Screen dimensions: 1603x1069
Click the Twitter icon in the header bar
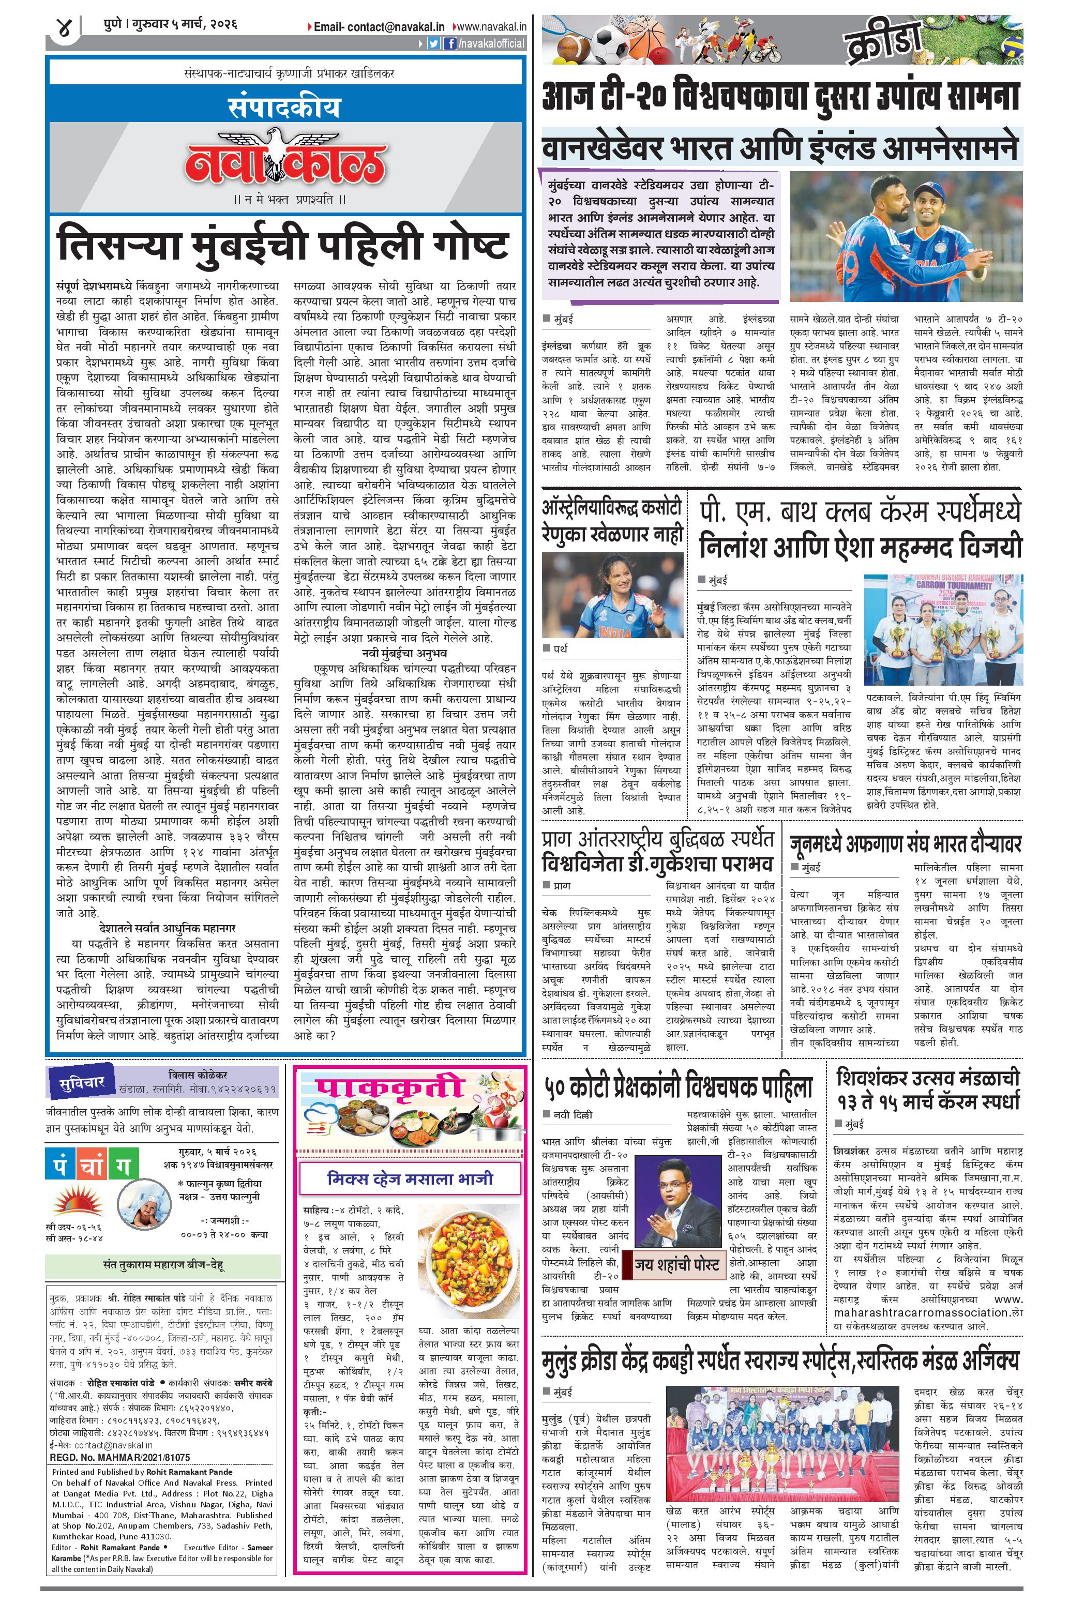click(x=433, y=43)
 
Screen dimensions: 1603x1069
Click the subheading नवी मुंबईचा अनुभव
click(x=405, y=654)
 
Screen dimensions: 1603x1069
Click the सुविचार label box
click(x=81, y=1083)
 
